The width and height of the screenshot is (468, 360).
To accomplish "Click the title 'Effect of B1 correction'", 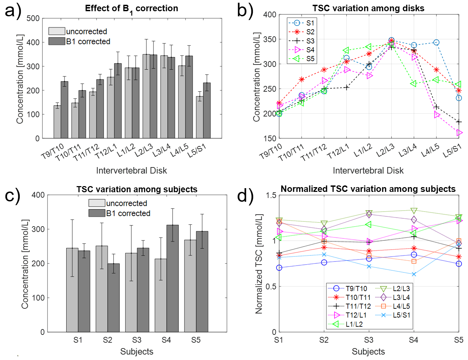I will (x=131, y=8).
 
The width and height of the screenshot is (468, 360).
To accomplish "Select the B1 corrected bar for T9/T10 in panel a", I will (x=65, y=110).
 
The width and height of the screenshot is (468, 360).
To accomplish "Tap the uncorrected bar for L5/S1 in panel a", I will (x=200, y=117).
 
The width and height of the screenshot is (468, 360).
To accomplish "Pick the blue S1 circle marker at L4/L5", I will (x=436, y=42).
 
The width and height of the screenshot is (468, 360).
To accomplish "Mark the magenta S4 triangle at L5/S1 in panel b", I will (x=459, y=132).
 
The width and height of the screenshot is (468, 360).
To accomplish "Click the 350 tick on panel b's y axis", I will (x=270, y=39).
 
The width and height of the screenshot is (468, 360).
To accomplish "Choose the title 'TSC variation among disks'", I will (x=368, y=8).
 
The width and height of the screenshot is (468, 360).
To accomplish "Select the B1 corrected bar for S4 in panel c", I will (x=173, y=278).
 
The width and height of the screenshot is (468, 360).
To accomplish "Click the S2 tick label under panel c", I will (x=107, y=340).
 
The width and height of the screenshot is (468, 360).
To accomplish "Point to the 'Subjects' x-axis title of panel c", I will (x=137, y=352).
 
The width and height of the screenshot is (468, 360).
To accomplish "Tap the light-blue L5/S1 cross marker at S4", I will (x=414, y=274).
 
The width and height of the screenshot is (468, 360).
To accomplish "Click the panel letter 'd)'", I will (x=245, y=196).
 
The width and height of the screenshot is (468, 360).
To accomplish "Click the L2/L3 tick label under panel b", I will (x=385, y=150).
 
